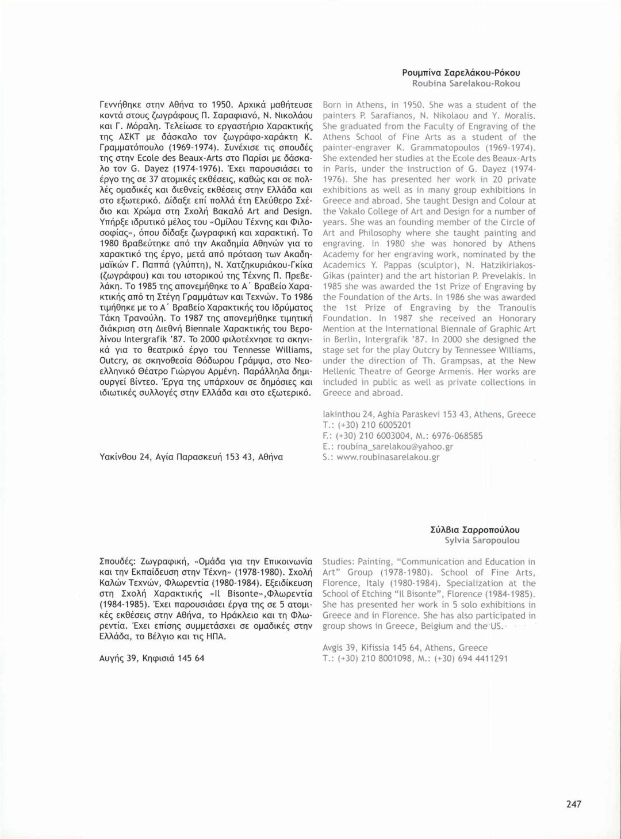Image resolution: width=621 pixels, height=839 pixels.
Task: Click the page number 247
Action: click(x=573, y=804)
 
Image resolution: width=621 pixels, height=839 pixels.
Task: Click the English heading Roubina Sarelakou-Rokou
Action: click(x=466, y=83)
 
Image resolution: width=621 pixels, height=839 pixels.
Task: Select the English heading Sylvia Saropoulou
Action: click(x=482, y=540)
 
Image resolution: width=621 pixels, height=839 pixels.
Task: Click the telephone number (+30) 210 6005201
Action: click(x=374, y=425)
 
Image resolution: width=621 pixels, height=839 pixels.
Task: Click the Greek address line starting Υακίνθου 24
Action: click(x=191, y=457)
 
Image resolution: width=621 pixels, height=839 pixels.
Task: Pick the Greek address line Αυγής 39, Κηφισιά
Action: click(x=152, y=658)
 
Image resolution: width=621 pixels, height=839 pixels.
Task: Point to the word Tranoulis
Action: click(x=509, y=308)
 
